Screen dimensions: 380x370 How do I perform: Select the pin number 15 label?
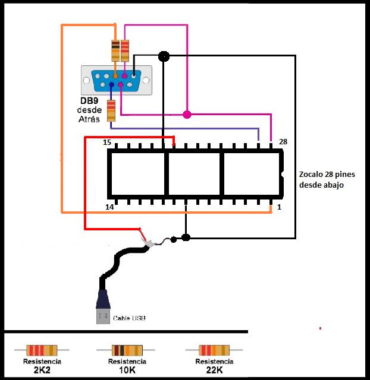(x=107, y=142)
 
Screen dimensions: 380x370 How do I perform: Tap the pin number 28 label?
(x=283, y=142)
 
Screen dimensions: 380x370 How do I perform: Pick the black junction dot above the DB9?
(x=164, y=56)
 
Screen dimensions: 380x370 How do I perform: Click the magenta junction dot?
(x=187, y=114)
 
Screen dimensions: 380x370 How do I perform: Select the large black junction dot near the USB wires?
(x=186, y=237)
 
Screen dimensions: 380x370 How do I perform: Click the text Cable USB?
(x=129, y=318)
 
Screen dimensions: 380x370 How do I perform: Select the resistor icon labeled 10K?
(x=126, y=350)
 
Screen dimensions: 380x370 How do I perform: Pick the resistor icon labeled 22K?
(x=213, y=350)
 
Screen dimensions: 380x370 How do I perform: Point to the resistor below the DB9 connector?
(x=111, y=110)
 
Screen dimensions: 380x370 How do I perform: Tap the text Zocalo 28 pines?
(x=328, y=175)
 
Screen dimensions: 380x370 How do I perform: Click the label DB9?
(x=89, y=102)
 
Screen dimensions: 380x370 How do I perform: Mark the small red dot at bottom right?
(x=320, y=328)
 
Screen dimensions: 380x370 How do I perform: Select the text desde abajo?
(x=322, y=185)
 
